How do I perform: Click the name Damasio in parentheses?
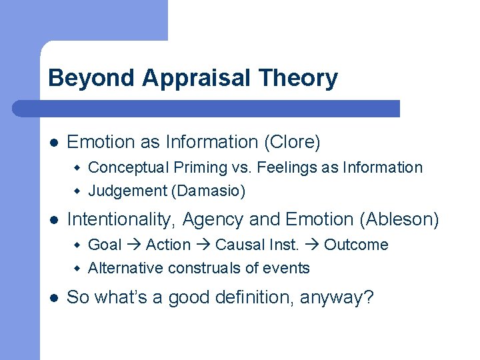[208, 191]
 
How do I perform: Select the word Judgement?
[127, 191]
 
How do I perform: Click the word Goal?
[105, 245]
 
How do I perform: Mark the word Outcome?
[356, 245]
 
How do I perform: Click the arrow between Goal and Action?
[133, 245]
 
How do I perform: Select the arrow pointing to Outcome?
[312, 245]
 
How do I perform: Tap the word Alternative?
[126, 268]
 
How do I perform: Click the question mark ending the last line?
[369, 297]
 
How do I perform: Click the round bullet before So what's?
[53, 297]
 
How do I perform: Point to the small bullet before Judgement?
[77, 192]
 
